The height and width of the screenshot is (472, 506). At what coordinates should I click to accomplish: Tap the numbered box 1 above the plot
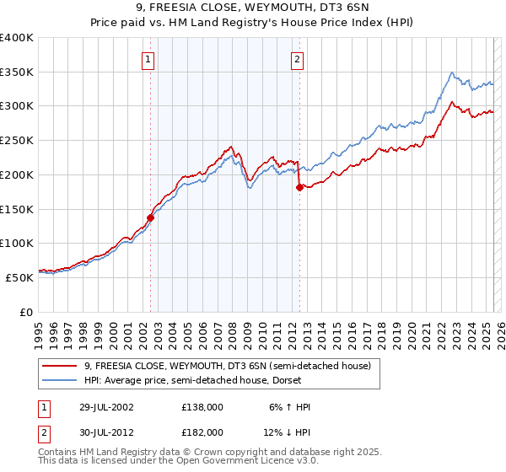[x=148, y=59]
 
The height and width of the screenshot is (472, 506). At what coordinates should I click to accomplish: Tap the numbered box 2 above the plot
[x=298, y=59]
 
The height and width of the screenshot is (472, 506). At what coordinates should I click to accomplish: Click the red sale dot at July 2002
[x=151, y=217]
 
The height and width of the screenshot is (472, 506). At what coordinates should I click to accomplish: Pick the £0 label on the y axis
[x=26, y=312]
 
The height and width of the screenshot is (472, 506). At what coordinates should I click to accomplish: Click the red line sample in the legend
[x=61, y=366]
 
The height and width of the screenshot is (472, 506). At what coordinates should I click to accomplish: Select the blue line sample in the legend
[x=61, y=380]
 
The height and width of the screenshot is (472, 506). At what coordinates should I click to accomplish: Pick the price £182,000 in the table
[x=202, y=432]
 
